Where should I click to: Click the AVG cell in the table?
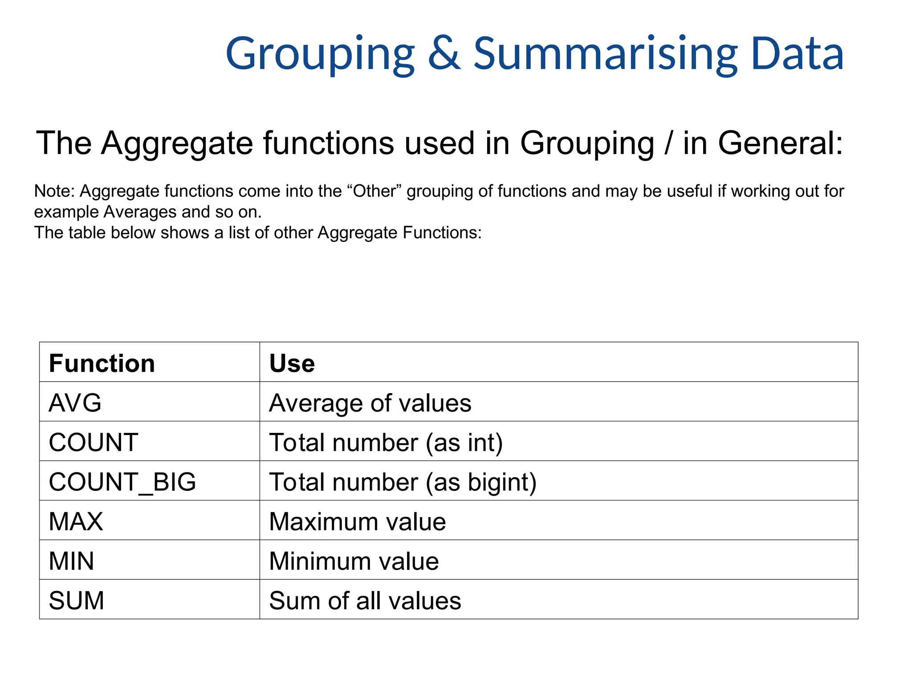pos(75,403)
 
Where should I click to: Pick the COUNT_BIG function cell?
pos(122,482)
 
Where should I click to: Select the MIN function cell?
pos(71,561)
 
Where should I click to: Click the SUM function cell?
pos(76,600)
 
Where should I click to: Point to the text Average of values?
pos(370,403)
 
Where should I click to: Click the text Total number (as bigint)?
pos(403,482)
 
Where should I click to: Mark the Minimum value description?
pos(354,561)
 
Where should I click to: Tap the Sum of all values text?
pos(365,600)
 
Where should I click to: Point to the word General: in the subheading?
pos(780,143)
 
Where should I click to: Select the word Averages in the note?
pos(140,212)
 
